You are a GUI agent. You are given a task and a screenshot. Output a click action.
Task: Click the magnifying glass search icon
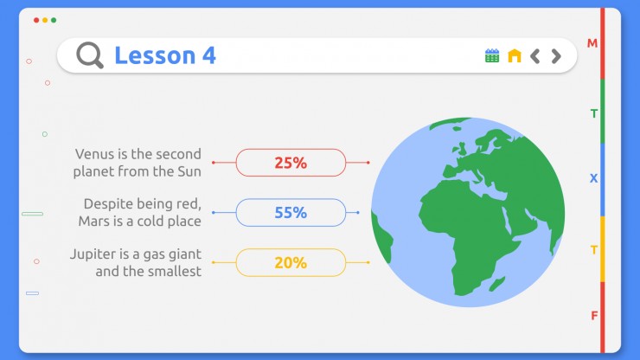click(89, 55)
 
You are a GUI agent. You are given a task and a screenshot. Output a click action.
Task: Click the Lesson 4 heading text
click(165, 55)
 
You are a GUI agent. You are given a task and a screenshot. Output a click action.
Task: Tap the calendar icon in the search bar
click(492, 55)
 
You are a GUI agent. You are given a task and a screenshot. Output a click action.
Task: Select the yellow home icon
click(515, 55)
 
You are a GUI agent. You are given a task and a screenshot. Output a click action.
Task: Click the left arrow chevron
click(535, 56)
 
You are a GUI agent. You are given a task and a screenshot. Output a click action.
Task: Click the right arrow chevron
click(556, 56)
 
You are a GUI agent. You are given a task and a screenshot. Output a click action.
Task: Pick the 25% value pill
click(291, 163)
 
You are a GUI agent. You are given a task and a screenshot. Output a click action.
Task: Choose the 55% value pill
click(291, 213)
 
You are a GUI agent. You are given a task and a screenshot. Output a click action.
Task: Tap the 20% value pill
click(291, 263)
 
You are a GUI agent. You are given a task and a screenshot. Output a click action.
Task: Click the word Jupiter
click(93, 254)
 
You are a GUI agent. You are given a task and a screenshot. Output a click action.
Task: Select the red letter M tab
click(592, 43)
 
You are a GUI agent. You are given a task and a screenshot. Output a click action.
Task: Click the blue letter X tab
click(593, 178)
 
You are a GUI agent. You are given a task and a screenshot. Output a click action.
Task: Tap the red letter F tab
click(594, 316)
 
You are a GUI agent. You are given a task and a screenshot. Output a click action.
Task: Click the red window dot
click(36, 20)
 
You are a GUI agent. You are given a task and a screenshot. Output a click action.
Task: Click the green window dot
click(54, 20)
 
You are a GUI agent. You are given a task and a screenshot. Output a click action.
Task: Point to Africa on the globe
click(465, 228)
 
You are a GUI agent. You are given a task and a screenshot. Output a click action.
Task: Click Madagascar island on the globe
click(497, 284)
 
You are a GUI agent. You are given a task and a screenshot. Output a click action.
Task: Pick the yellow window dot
click(45, 20)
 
